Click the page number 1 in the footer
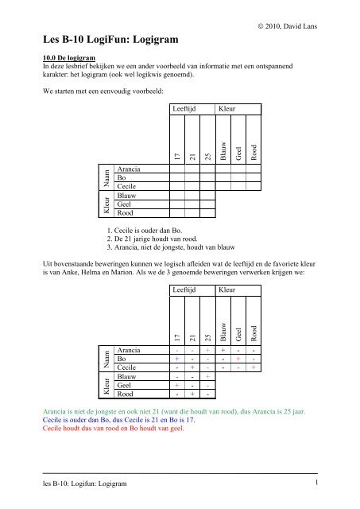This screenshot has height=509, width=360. point(315,482)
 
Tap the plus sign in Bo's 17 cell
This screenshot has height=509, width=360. point(176,359)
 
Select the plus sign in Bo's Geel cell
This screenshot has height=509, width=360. point(238,359)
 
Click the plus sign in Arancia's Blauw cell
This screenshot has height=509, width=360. point(222,350)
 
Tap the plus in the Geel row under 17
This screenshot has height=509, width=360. point(176,384)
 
